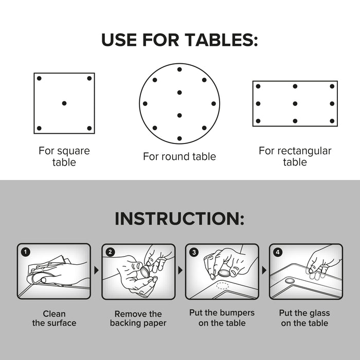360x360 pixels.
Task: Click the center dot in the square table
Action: [64, 103]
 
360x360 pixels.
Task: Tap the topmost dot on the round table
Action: [179, 69]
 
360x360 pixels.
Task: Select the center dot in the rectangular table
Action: [295, 104]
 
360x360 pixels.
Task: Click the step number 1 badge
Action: [26, 252]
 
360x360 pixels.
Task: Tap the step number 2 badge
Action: [110, 252]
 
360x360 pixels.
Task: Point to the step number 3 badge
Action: [194, 253]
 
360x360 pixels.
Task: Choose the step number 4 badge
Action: [278, 253]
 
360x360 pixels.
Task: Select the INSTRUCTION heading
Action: [179, 219]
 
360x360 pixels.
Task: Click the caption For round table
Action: [179, 156]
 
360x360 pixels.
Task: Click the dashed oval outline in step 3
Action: [223, 285]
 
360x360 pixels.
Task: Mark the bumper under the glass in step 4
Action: [291, 281]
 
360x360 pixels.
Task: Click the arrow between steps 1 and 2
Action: [97, 270]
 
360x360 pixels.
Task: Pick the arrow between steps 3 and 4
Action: [264, 270]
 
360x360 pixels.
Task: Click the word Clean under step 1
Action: [54, 314]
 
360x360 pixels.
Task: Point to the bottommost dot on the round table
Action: [179, 138]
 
